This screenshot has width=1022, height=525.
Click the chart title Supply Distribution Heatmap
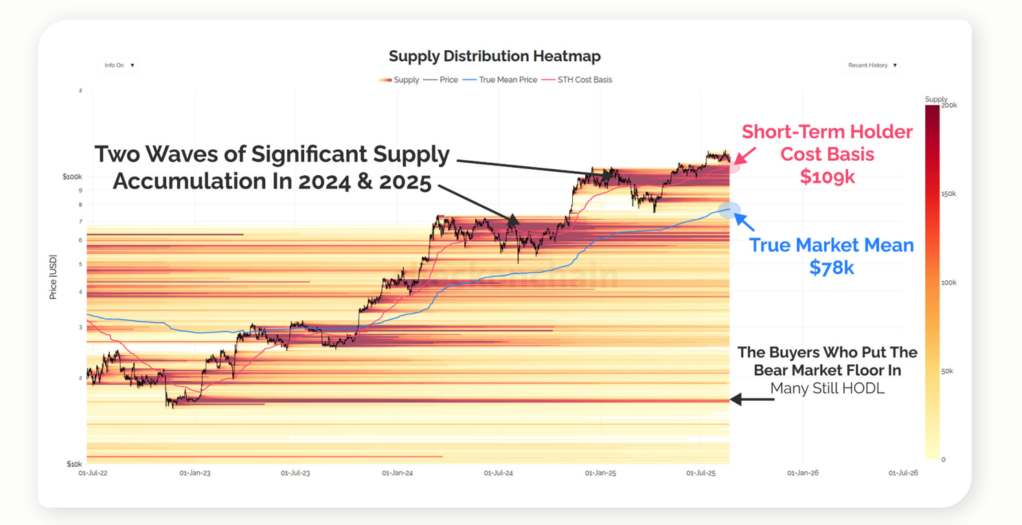click(x=495, y=56)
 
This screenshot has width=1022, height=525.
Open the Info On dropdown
click(x=120, y=65)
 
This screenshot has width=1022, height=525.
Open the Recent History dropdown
click(x=872, y=65)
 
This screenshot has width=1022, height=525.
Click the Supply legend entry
click(x=398, y=80)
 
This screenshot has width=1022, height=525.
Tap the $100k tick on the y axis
click(x=72, y=177)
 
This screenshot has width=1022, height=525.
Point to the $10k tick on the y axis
click(x=74, y=465)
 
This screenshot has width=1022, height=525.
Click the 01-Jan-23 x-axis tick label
click(x=195, y=473)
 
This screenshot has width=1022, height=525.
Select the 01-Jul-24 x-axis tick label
click(x=499, y=473)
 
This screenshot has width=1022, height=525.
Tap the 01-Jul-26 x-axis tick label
click(x=903, y=473)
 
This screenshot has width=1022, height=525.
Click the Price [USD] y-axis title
click(x=53, y=277)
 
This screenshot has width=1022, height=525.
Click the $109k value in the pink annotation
click(x=827, y=177)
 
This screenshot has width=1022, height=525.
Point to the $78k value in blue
click(x=831, y=267)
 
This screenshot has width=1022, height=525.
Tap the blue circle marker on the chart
click(x=729, y=210)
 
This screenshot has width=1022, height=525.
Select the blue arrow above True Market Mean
click(x=745, y=222)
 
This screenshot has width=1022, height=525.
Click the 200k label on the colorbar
click(x=949, y=105)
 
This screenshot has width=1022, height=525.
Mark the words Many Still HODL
click(x=827, y=389)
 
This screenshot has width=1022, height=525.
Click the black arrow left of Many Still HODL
click(x=751, y=399)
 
